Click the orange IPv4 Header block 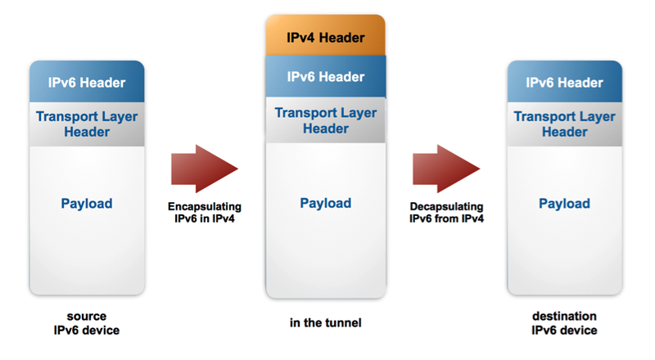point(325,37)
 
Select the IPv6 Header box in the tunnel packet point(325,76)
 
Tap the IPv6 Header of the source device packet point(87,83)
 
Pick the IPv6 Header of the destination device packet point(564,83)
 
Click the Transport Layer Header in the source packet point(87,124)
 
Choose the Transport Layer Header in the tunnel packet point(325,119)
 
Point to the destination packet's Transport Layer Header point(564,124)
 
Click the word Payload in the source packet point(87,204)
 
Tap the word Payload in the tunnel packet point(325,204)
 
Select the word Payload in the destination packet point(564,204)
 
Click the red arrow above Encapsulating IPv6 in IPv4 point(204,168)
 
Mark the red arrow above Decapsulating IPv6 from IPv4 point(445,168)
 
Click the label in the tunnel point(325,323)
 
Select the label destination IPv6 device point(564,322)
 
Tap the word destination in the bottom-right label point(564,316)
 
